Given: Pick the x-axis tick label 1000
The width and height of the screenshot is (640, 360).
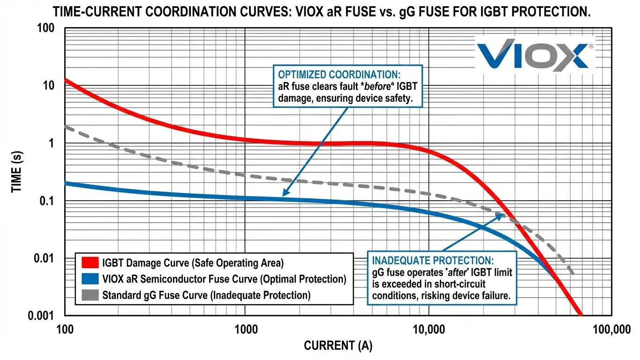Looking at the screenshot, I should (x=246, y=330).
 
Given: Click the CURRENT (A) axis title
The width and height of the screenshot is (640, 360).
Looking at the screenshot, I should (x=338, y=346).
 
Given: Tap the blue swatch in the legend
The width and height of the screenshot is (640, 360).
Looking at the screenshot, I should (x=90, y=279).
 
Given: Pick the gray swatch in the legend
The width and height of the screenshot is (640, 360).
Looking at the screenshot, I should (x=90, y=295).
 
